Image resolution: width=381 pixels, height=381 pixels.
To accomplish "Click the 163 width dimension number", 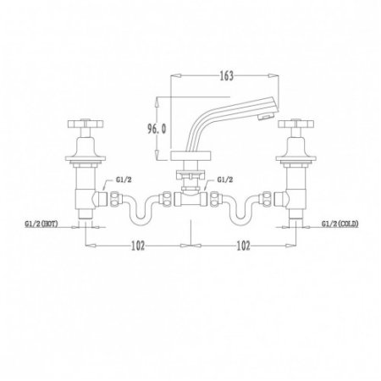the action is (226, 75).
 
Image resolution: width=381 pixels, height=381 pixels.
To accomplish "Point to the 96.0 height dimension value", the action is (157, 129).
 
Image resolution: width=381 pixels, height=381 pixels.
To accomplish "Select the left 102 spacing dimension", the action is (138, 246).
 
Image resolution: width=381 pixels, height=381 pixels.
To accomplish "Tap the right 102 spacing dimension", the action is (243, 246).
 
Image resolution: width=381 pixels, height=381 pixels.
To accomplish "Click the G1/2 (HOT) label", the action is (41, 224).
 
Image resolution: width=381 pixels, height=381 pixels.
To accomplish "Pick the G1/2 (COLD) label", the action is (340, 224).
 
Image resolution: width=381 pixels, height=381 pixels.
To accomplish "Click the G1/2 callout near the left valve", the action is (124, 179).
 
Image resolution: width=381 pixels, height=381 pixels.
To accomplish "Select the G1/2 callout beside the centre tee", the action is (225, 179).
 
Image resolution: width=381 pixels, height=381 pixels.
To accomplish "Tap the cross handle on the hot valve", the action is (86, 124).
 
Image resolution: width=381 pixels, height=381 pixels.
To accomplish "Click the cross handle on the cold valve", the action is (295, 124).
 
